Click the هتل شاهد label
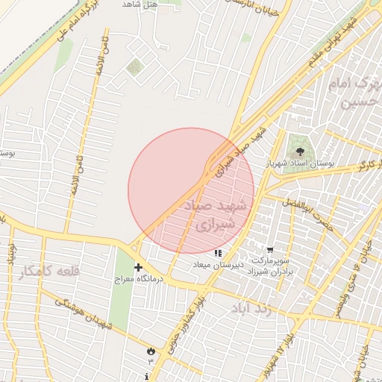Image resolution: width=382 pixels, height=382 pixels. (140, 5)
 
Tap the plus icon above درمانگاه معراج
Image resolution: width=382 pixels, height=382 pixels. (138, 267)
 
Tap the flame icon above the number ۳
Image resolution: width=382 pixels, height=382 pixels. (151, 349)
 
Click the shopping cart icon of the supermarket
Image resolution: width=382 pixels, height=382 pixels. (269, 251)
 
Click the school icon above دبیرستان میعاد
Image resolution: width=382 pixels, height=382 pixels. (219, 254)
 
